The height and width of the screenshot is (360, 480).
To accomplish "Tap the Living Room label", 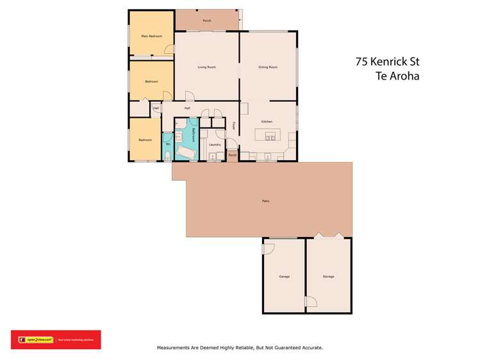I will (x=206, y=67).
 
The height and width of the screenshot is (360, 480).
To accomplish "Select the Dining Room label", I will (x=268, y=67).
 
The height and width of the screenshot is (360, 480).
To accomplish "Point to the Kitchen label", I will (x=267, y=121).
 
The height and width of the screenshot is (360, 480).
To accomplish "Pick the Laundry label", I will (x=215, y=145).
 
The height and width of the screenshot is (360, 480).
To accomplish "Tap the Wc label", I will (x=167, y=145).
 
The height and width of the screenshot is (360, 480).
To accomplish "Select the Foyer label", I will (x=234, y=126).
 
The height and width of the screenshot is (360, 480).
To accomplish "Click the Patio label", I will (x=265, y=201).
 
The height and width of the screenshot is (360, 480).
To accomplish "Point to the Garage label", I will (x=284, y=277).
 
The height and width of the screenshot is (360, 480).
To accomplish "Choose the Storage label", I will (x=328, y=277).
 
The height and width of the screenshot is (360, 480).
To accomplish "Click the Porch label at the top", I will (x=206, y=21).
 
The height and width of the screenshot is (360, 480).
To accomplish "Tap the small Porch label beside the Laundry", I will (x=233, y=155).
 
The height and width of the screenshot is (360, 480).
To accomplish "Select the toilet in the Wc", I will (x=167, y=154).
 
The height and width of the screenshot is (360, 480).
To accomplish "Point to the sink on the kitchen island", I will (x=270, y=136).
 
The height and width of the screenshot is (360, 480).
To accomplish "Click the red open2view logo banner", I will (x=55, y=340).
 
